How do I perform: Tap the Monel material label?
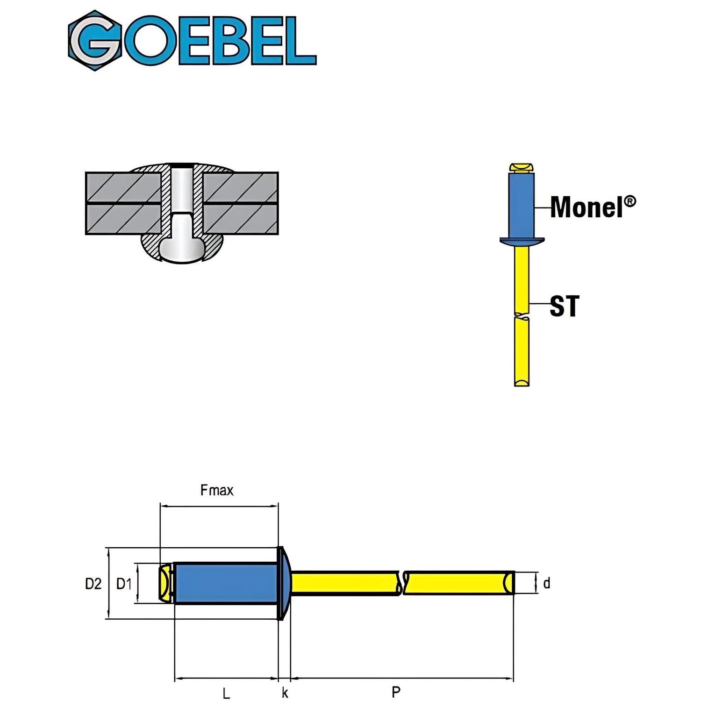coord(587,207)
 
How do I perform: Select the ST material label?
coord(564,306)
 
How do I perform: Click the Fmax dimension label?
coord(217,490)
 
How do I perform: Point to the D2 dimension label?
coord(93,583)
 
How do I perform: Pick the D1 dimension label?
coord(124,583)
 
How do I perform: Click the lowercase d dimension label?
coord(547,583)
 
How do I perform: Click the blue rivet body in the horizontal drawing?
coord(226,583)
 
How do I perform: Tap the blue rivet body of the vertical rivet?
coord(522,206)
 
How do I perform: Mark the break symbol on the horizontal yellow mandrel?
coord(402,583)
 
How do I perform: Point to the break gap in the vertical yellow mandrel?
coord(522,315)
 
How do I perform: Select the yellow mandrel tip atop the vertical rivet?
coord(522,167)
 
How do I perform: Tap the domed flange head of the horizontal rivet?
coord(284,583)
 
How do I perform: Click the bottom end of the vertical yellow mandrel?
coord(522,382)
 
